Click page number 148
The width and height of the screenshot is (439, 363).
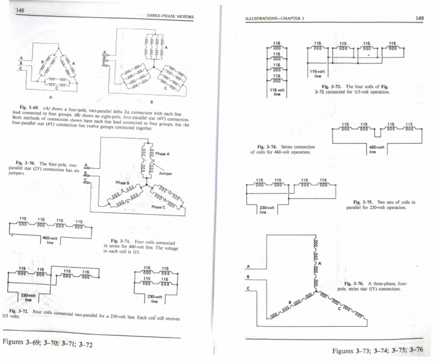coord(21,10)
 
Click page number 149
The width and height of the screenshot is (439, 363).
coord(419,18)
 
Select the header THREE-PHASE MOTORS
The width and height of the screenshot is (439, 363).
coord(170,17)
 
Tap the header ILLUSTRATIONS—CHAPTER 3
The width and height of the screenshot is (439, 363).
coord(274,19)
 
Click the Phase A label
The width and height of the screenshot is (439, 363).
coord(163,154)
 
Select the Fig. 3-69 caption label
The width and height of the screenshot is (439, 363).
coord(28,106)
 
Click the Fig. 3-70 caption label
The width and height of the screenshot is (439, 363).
coord(26,163)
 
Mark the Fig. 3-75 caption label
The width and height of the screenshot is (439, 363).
coord(364,202)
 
